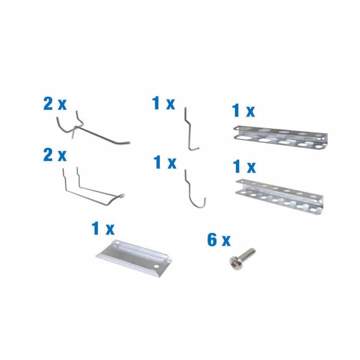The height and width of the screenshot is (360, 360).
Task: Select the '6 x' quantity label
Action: pyautogui.click(x=219, y=240)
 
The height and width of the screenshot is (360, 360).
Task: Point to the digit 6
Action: pyautogui.click(x=212, y=240)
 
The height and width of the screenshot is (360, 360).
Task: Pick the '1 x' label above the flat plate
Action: pyautogui.click(x=103, y=229)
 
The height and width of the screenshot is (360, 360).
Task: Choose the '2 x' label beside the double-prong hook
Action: pyautogui.click(x=55, y=156)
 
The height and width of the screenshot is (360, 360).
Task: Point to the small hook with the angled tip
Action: pyautogui.click(x=190, y=130)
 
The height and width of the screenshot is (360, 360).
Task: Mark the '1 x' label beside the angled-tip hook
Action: pyautogui.click(x=164, y=104)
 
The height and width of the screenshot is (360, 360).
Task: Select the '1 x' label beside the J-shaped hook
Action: pyautogui.click(x=165, y=162)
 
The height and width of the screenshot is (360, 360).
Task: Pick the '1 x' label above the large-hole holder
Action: pyautogui.click(x=243, y=110)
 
